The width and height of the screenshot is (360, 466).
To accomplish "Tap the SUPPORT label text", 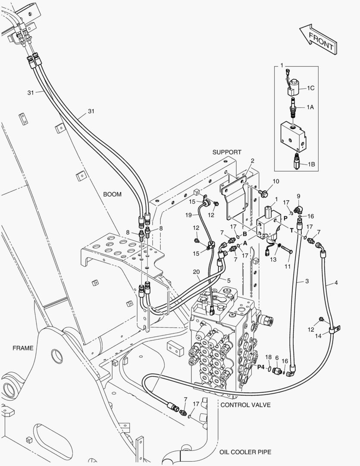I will [227, 152].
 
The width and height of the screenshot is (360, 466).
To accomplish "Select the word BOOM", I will [112, 194].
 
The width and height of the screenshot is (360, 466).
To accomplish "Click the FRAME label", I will [22, 348].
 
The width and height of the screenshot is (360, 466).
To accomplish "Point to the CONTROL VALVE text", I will [245, 405].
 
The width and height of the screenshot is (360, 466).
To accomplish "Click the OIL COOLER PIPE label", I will [245, 452].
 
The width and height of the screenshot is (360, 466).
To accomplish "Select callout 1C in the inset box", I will [310, 88].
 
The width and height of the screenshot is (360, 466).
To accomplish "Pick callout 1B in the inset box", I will [310, 164].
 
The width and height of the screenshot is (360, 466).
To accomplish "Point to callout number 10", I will [276, 181].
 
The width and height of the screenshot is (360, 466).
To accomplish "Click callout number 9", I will [298, 196].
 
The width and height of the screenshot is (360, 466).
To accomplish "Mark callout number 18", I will [268, 357].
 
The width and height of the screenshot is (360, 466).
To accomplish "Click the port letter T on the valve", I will [292, 230].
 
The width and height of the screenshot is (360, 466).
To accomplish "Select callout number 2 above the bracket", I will [252, 161].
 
